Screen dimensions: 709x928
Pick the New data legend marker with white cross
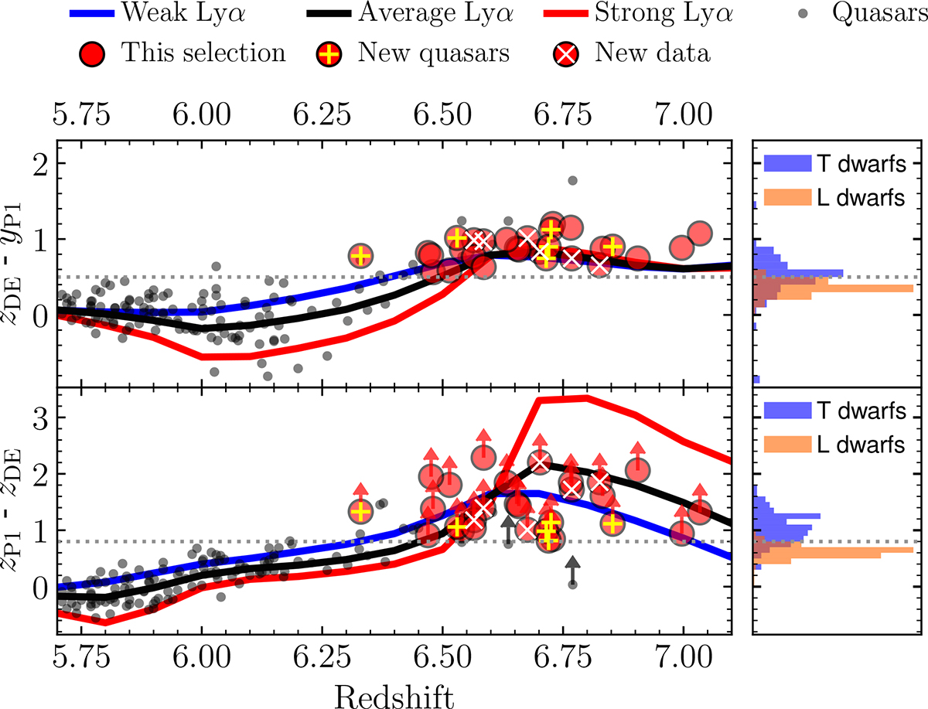point(568,53)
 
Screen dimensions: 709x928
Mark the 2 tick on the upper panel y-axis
point(32,163)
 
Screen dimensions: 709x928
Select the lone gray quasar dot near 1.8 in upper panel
point(572,180)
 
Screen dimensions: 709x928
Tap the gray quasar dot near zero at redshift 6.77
point(572,584)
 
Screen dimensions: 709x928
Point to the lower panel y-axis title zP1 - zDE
point(17,510)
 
